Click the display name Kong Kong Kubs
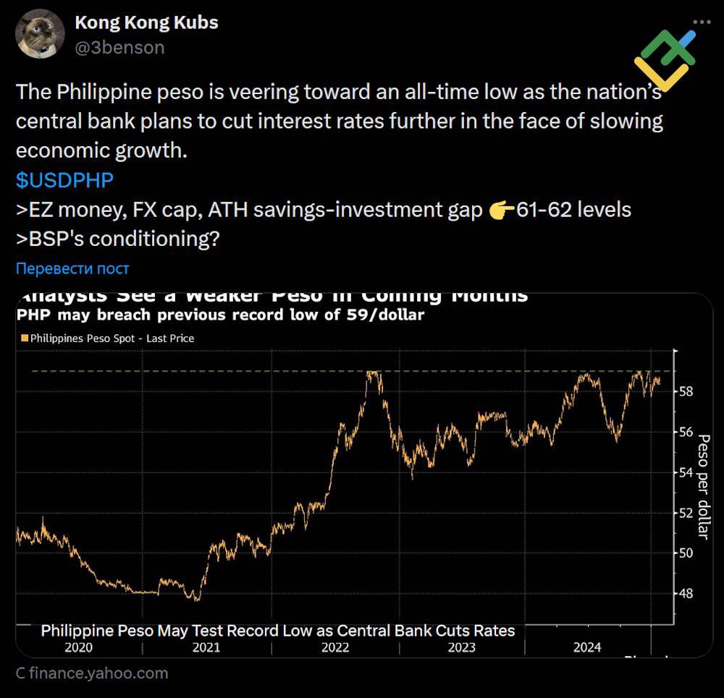[146, 22]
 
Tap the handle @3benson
[119, 48]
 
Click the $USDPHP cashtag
[64, 180]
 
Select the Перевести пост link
[72, 268]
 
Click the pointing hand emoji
[501, 210]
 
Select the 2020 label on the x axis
[78, 647]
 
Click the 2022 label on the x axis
[334, 647]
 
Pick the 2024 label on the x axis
[586, 647]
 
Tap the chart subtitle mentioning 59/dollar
[220, 315]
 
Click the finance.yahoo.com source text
[92, 673]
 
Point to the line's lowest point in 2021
[196, 599]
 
